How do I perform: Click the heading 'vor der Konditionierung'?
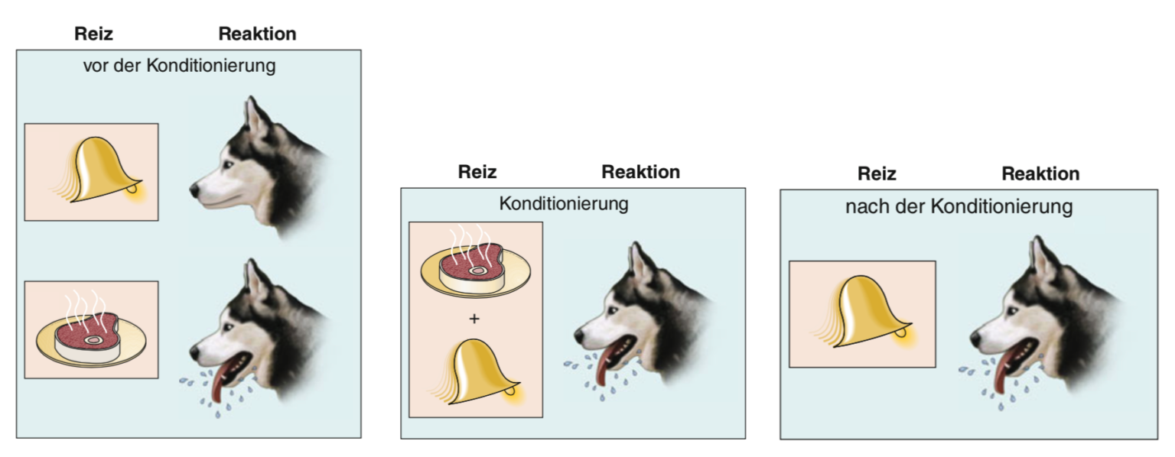point(180,66)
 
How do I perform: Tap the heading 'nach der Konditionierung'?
point(959,206)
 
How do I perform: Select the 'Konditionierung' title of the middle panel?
point(563,203)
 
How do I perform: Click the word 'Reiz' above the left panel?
point(93,34)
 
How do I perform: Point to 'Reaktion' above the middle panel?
point(640,172)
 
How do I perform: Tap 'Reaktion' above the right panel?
point(1040,173)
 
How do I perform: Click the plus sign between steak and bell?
point(474,319)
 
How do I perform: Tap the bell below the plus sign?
point(477,371)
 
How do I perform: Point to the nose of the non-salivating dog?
point(194,190)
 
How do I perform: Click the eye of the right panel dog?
point(1011,311)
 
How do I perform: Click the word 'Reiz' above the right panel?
point(877,173)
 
